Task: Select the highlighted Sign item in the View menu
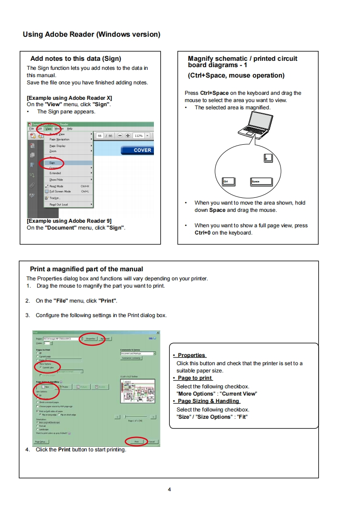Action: [53, 162]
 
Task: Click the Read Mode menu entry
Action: [56, 186]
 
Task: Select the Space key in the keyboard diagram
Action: [261, 181]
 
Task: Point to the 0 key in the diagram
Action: [268, 158]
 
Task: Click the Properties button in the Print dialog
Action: [90, 338]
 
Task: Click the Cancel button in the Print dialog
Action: [152, 441]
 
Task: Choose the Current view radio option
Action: [48, 367]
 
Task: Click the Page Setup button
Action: [41, 441]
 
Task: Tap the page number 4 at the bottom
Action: [169, 489]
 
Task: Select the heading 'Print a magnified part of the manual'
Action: [86, 269]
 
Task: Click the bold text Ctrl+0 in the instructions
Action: [202, 233]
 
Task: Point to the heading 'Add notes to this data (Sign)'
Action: [75, 59]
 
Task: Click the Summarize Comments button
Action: [131, 358]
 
